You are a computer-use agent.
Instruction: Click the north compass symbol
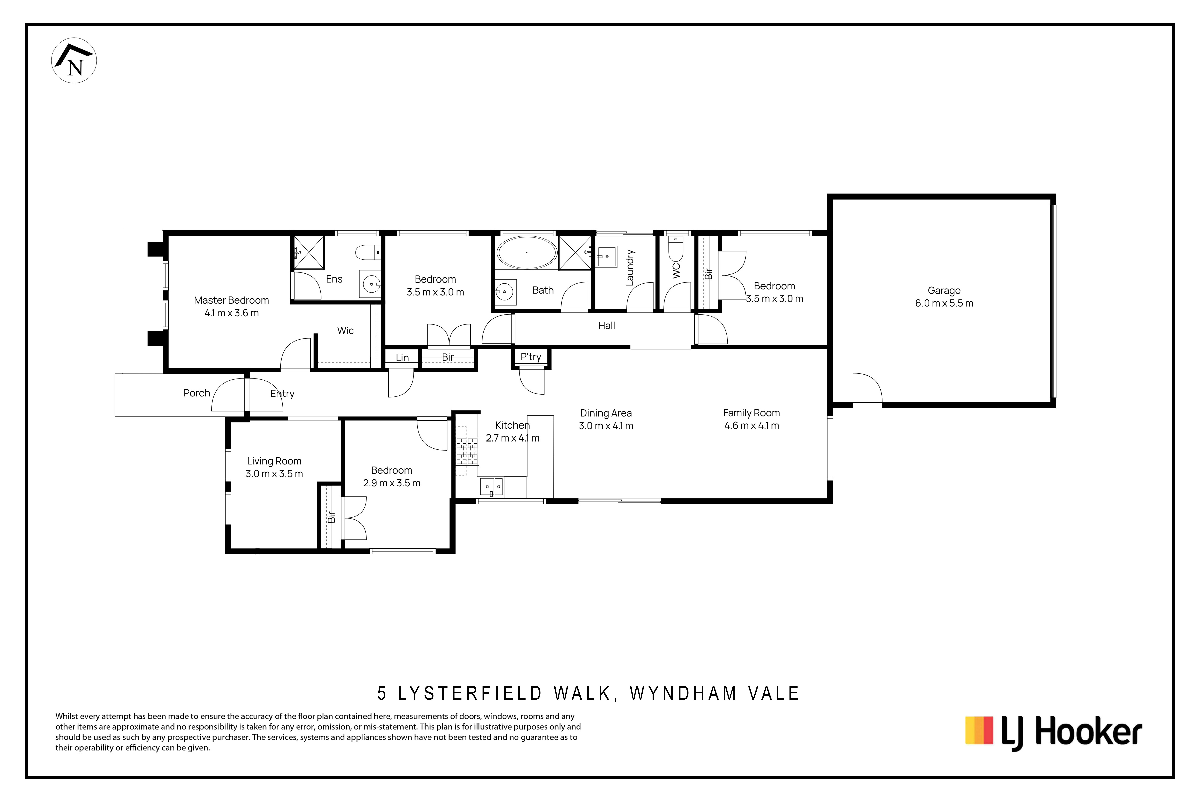(74, 60)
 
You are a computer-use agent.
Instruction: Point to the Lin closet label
(402, 357)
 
